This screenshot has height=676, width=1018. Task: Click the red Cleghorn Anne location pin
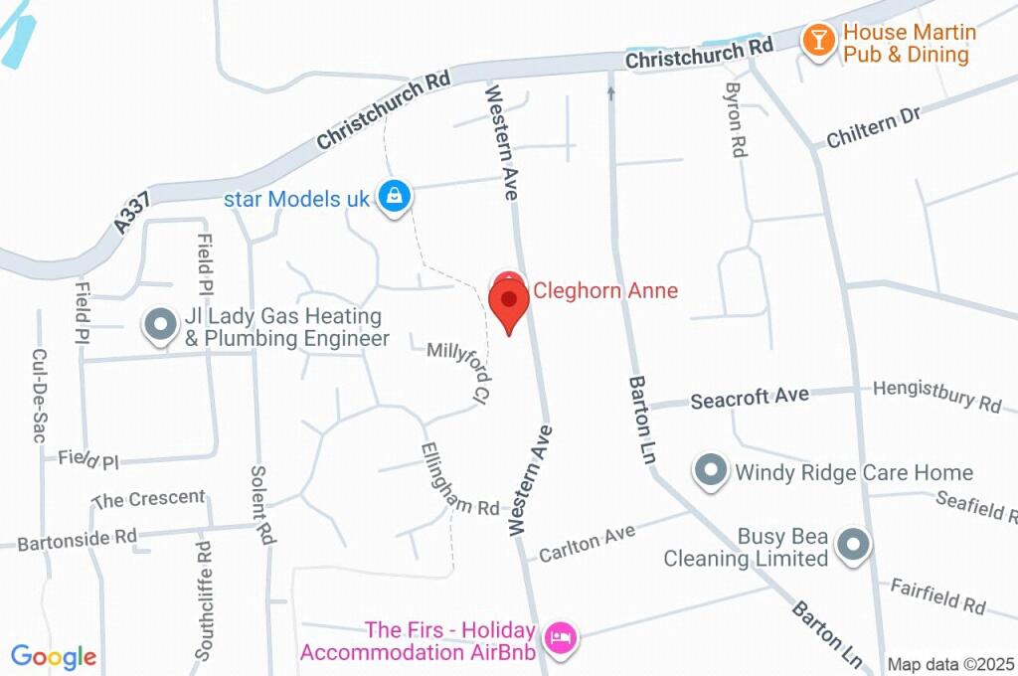(x=510, y=301)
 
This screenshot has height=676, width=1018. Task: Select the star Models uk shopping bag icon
(x=395, y=196)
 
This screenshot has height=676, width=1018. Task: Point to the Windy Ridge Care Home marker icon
(x=711, y=470)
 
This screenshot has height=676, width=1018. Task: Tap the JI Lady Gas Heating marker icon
(x=159, y=325)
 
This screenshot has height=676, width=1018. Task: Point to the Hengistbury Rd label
(x=936, y=396)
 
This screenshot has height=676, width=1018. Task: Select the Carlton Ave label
(x=587, y=544)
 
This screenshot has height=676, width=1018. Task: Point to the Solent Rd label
(x=260, y=505)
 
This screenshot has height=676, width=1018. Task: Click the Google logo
(x=54, y=656)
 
